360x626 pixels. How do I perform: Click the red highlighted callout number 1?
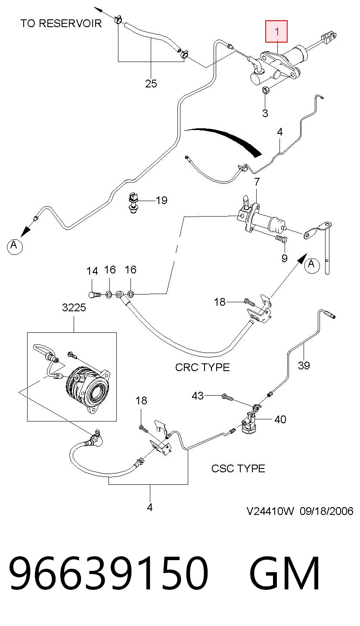[276, 31]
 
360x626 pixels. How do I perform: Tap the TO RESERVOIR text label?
[61, 24]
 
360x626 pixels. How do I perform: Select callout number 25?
[151, 84]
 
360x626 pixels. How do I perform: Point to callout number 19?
[161, 200]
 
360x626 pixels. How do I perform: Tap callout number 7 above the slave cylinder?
[257, 182]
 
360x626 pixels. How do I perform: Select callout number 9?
[284, 258]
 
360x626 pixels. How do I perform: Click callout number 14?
[92, 271]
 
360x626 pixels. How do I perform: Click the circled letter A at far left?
[14, 246]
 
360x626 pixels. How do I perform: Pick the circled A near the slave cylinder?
[311, 265]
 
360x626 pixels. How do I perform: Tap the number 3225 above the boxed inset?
[74, 308]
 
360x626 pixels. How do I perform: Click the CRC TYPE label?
[202, 367]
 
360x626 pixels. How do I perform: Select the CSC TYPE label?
[238, 469]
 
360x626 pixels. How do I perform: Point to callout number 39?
[304, 366]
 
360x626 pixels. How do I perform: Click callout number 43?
[198, 396]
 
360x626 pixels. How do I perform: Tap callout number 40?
[280, 419]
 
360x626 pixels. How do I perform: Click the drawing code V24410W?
[270, 511]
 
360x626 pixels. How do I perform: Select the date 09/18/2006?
[326, 511]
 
